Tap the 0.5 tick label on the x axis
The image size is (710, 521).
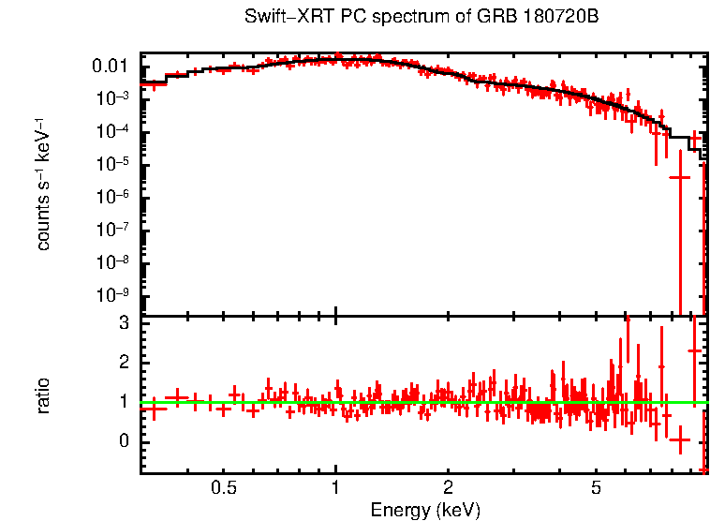[223, 488]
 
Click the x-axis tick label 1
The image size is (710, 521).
[335, 488]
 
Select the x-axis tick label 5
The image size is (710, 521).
[596, 488]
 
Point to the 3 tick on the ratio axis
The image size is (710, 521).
[122, 322]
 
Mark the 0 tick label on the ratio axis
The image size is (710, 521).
[122, 441]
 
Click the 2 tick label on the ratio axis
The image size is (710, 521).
[122, 362]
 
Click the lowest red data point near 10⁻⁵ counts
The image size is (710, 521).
[680, 176]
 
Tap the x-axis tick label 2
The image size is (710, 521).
[448, 488]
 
